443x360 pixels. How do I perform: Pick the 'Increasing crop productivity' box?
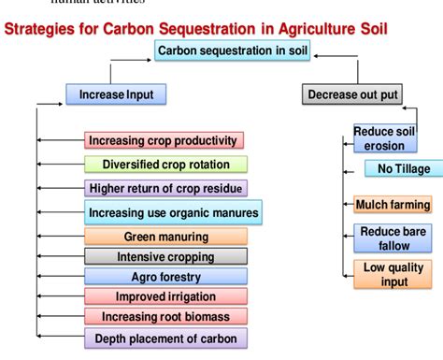pyautogui.click(x=164, y=141)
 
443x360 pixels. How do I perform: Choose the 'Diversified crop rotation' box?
pyautogui.click(x=164, y=165)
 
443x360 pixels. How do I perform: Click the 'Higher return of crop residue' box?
pyautogui.click(x=164, y=188)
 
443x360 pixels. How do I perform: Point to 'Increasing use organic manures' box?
pyautogui.click(x=173, y=213)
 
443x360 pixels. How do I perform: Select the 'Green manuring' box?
pyautogui.click(x=165, y=238)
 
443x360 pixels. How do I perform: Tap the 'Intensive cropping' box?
pyautogui.click(x=165, y=257)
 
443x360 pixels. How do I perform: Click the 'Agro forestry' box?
pyautogui.click(x=165, y=277)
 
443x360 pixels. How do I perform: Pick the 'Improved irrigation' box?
pyautogui.click(x=165, y=296)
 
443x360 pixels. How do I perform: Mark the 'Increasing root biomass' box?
pyautogui.click(x=165, y=316)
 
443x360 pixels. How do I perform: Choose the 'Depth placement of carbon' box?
pyautogui.click(x=165, y=338)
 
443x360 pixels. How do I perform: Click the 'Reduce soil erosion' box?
pyautogui.click(x=384, y=138)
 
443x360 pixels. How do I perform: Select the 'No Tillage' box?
pyautogui.click(x=396, y=169)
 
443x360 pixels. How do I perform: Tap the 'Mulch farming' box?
pyautogui.click(x=393, y=205)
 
